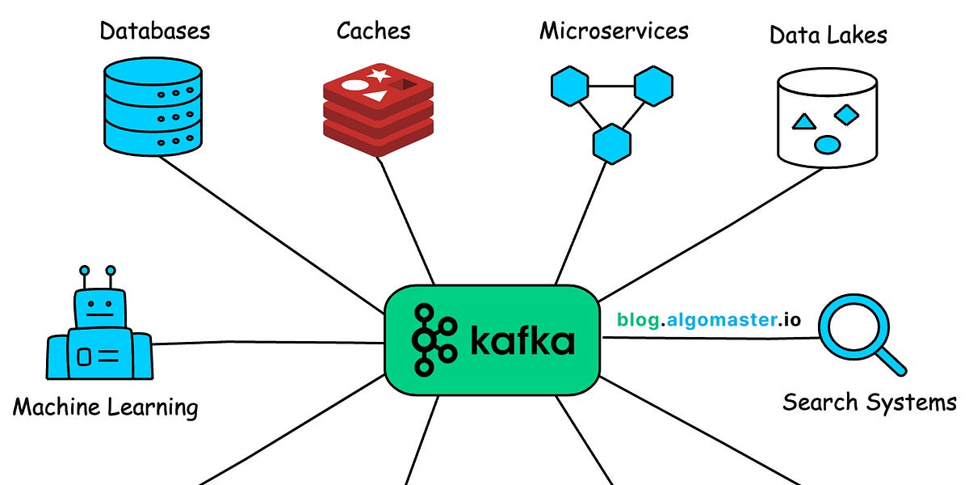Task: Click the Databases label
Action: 154,32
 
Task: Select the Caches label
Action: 373,32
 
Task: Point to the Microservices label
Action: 614,32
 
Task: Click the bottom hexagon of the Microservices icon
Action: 611,143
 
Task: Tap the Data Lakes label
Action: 828,35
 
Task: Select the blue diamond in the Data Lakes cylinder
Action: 845,116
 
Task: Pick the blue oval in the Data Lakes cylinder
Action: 827,145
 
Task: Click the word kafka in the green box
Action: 522,341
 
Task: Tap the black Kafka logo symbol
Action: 434,340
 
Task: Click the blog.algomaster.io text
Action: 709,319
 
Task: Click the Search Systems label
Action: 869,401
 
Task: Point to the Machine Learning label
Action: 105,407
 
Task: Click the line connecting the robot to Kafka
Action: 266,344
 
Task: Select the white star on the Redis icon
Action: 379,76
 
